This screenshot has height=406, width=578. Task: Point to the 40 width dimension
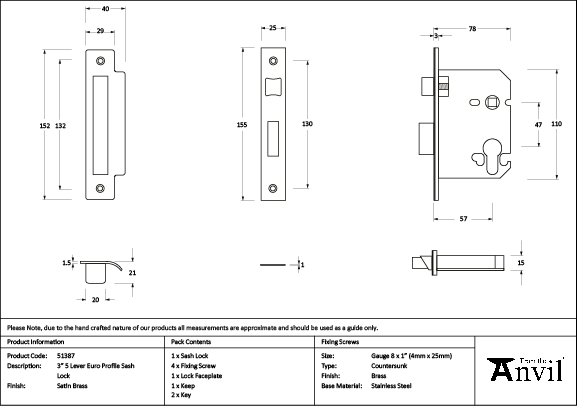105,8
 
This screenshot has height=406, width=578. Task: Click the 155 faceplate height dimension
242,124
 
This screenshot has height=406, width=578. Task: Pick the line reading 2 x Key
181,395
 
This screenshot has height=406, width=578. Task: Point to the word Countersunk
390,365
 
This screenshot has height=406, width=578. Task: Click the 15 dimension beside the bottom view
521,262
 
